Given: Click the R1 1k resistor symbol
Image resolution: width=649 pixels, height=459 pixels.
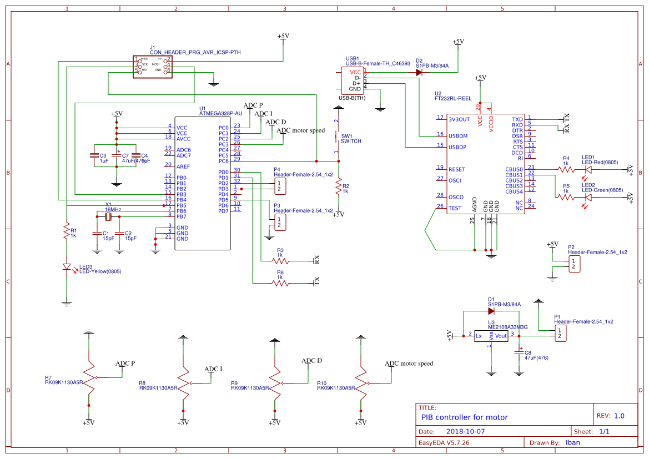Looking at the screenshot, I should click(x=66, y=231).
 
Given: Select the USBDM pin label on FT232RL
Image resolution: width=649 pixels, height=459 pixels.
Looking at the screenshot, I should click(x=458, y=136).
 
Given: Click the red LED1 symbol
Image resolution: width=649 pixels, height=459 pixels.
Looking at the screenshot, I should click(x=588, y=169).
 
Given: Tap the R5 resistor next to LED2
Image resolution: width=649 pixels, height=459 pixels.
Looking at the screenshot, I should click(x=566, y=197).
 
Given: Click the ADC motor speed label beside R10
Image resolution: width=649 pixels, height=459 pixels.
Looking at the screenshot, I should click(x=409, y=364).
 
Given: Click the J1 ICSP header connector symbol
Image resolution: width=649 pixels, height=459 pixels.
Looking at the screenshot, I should click(x=152, y=66).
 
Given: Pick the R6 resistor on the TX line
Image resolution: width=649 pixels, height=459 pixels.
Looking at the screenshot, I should click(x=280, y=283).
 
